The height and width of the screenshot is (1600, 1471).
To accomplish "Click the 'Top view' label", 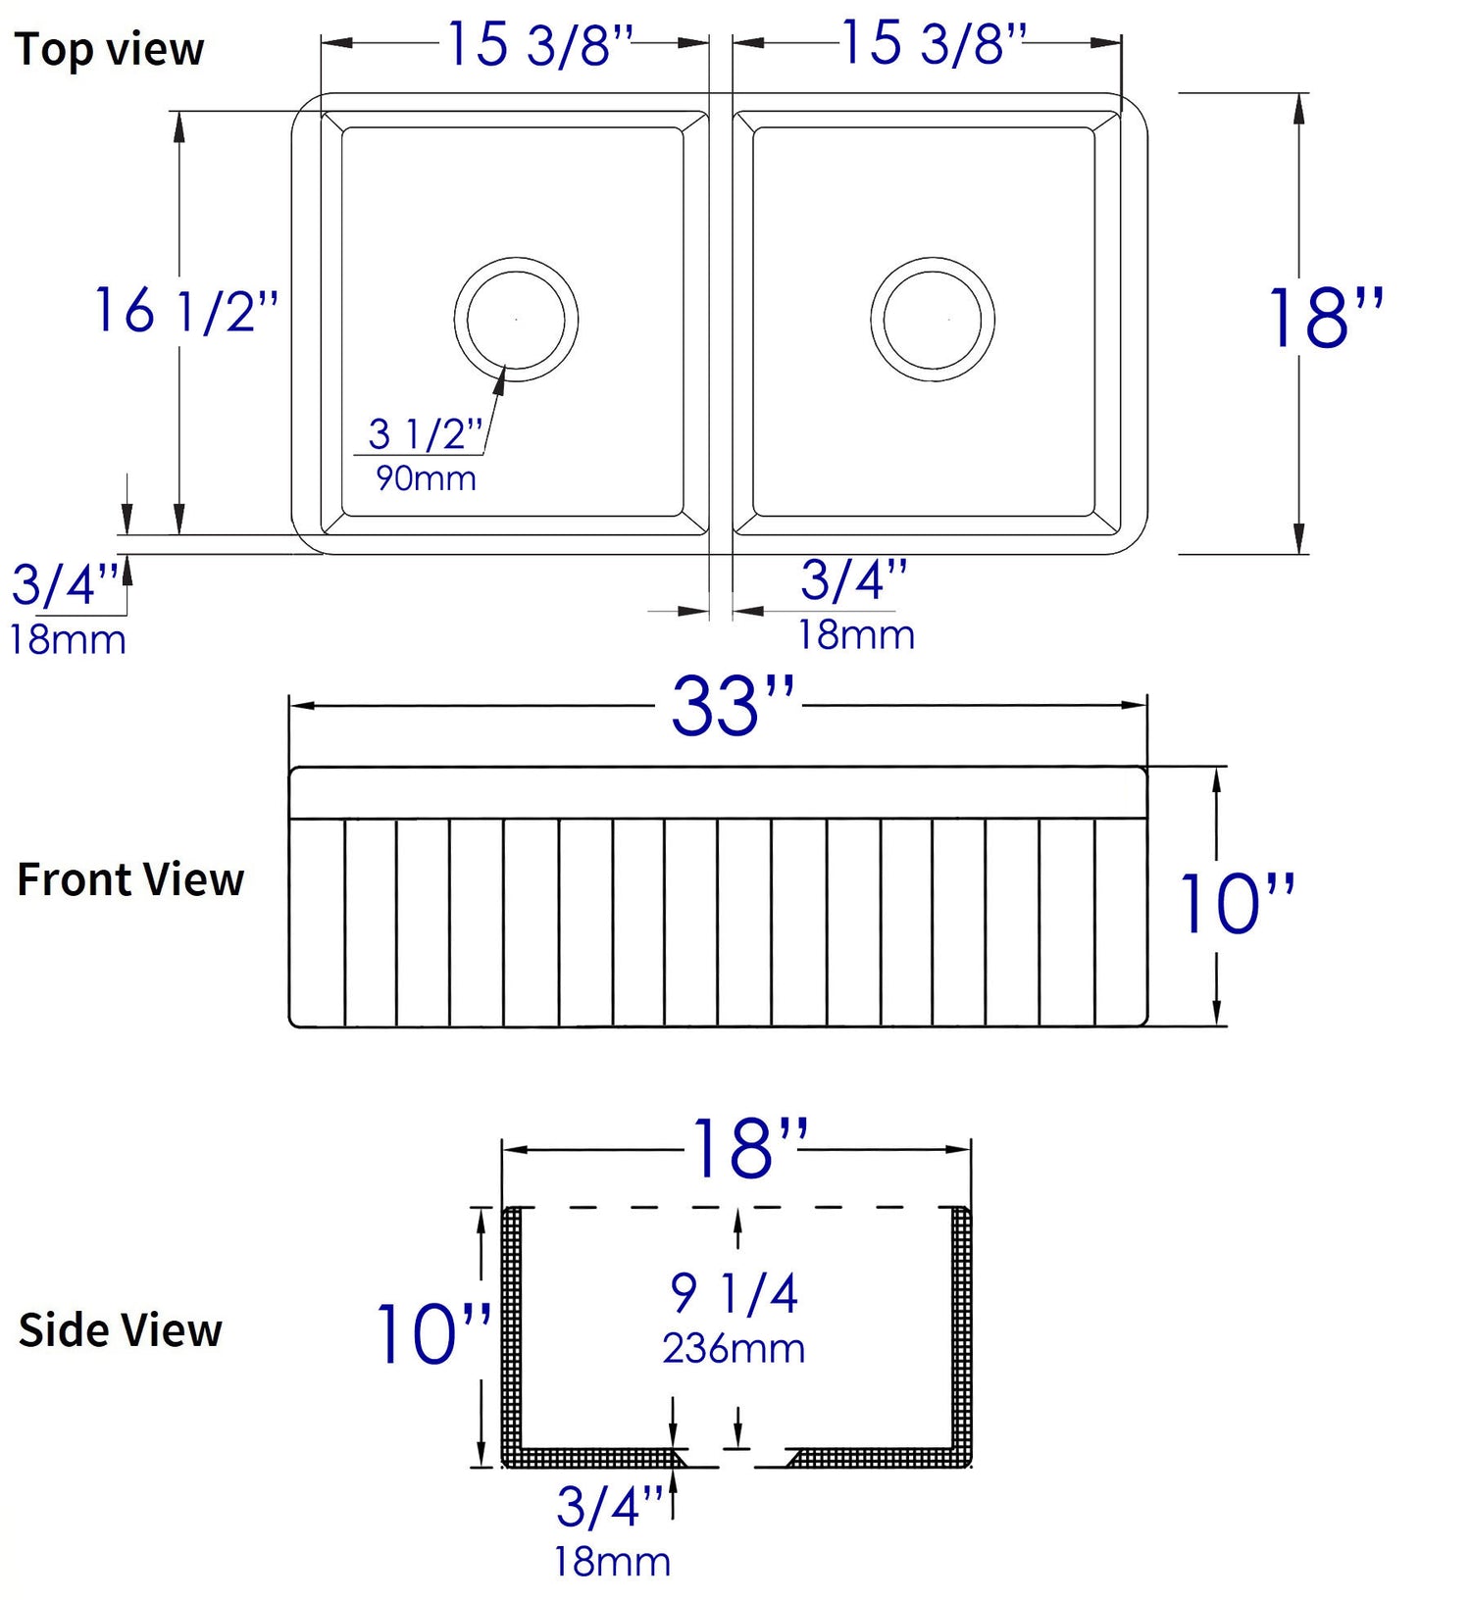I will click(109, 49).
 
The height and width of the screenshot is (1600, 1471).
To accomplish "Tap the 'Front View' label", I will click(130, 879).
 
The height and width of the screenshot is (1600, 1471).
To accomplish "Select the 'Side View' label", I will click(121, 1330).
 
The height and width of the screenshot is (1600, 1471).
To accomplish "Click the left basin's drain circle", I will click(516, 320).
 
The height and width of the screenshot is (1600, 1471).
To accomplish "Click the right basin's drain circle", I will click(933, 320).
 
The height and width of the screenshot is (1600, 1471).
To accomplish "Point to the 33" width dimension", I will click(732, 706).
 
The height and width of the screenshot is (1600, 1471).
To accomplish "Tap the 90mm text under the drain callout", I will click(426, 478).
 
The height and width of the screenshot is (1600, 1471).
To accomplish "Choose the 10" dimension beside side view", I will click(433, 1334).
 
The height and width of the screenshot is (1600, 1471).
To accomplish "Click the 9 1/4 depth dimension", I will click(735, 1293).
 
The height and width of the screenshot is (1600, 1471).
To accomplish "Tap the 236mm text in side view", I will click(734, 1349).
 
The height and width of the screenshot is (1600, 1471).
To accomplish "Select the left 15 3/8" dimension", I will click(540, 45).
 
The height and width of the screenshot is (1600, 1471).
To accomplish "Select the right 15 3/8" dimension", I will click(934, 44).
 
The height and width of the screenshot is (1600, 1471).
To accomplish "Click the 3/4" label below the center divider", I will click(854, 580).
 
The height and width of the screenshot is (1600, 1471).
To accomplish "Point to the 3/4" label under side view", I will click(611, 1506).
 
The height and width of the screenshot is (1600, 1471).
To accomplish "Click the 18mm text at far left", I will click(68, 640).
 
